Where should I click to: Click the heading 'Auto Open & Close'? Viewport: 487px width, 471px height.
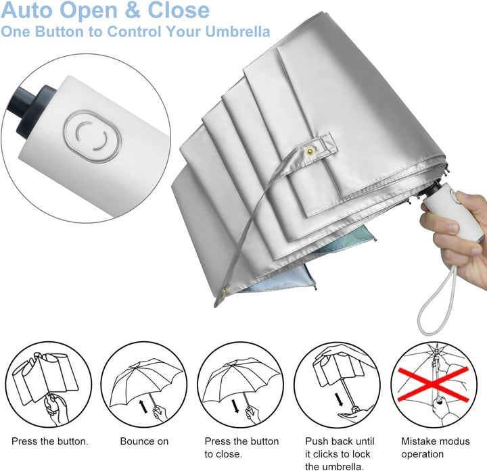(x=105, y=11)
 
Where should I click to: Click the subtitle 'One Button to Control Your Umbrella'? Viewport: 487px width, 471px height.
(x=135, y=32)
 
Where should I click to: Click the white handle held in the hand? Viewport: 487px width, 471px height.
(x=467, y=214)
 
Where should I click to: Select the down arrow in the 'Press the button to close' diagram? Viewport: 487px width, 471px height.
(x=235, y=405)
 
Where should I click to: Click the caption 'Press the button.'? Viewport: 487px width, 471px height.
(x=49, y=441)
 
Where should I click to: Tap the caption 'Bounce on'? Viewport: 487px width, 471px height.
(x=144, y=441)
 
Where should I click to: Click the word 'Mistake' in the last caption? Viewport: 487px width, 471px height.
(x=419, y=441)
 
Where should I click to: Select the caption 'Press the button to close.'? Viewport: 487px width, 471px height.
(x=241, y=447)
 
